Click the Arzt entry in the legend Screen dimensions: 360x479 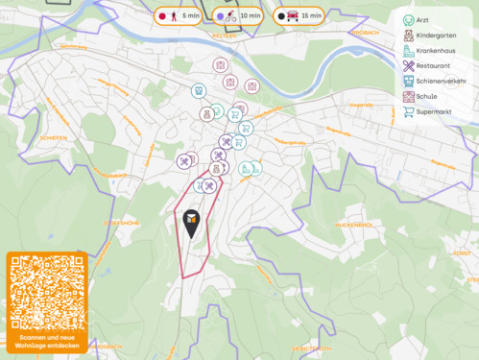click(x=422, y=20)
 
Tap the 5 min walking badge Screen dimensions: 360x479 click(x=178, y=16)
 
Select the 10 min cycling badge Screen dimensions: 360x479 click(x=239, y=16)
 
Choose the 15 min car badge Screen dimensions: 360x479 click(x=299, y=16)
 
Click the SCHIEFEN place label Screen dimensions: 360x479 click(x=53, y=138)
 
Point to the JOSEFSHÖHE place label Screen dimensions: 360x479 click(x=123, y=222)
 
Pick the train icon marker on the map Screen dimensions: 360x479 click(x=198, y=91)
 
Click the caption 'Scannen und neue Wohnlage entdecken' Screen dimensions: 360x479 click(x=47, y=343)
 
